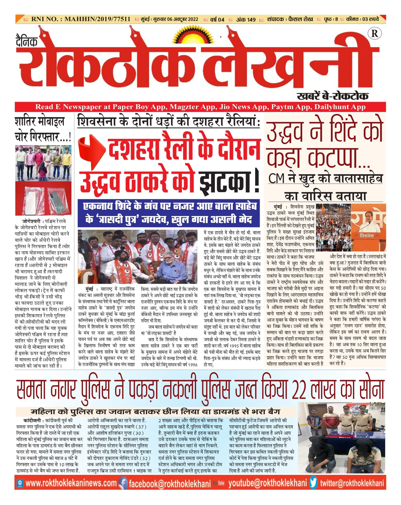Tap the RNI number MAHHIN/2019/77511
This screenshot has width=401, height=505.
pos(97,19)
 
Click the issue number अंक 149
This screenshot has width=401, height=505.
pos(246,20)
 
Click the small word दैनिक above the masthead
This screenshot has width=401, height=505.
pos(27,41)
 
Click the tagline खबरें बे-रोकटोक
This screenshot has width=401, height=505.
pos(332,96)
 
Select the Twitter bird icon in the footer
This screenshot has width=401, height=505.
pos(314,483)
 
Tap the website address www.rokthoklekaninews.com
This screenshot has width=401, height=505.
pos(71,483)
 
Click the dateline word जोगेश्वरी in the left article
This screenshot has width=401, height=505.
pos(31,222)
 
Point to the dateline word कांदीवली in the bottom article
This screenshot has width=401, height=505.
pos(32,420)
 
